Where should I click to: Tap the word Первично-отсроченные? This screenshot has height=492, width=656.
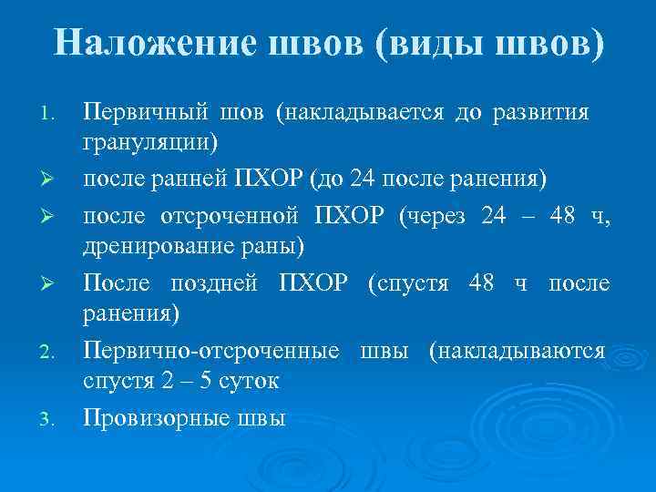point(212,351)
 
